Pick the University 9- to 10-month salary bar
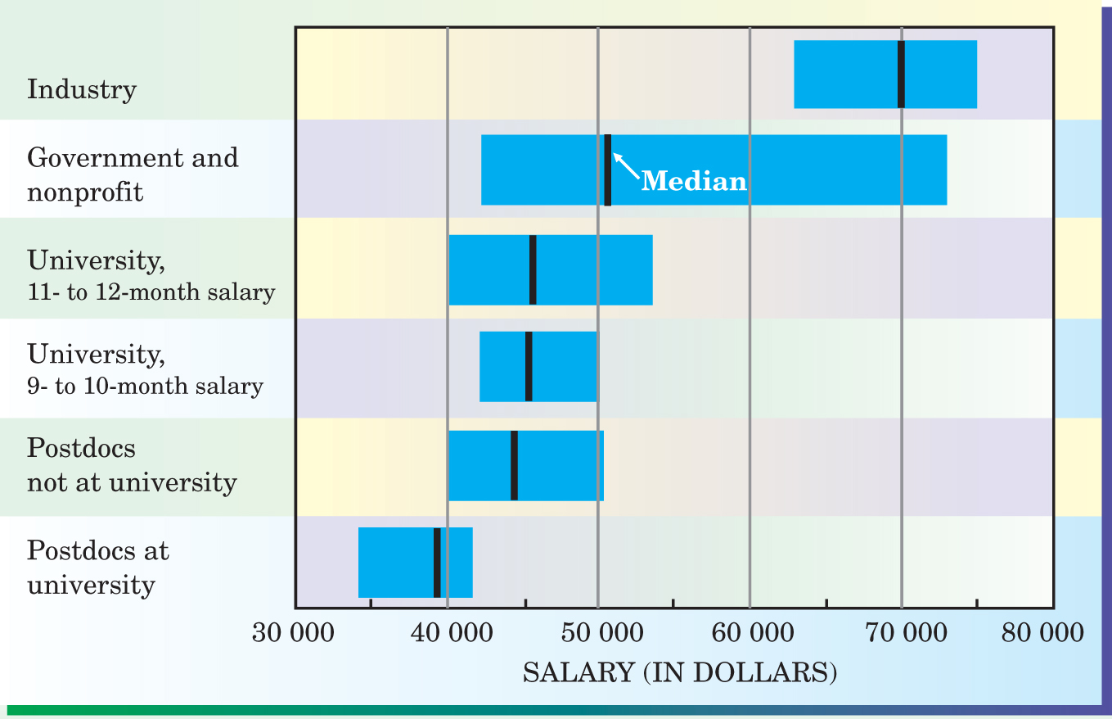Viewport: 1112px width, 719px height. tap(565, 366)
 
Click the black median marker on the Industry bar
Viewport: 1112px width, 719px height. tap(901, 74)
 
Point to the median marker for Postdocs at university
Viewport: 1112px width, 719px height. tap(437, 563)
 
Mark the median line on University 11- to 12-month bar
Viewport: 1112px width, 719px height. tap(533, 269)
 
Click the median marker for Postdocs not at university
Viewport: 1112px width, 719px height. tap(514, 465)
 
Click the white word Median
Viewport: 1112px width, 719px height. tap(694, 181)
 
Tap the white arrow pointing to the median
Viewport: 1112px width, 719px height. tap(626, 165)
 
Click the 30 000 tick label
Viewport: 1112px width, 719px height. tap(293, 633)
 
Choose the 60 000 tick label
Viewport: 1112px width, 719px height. tap(748, 633)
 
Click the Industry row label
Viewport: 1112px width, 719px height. tap(82, 88)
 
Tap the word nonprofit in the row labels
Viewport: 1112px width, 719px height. tap(85, 192)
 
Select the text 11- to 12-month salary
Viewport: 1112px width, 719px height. tap(151, 292)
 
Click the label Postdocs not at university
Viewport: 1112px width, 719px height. tap(132, 465)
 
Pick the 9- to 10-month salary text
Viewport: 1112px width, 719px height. tap(146, 386)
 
